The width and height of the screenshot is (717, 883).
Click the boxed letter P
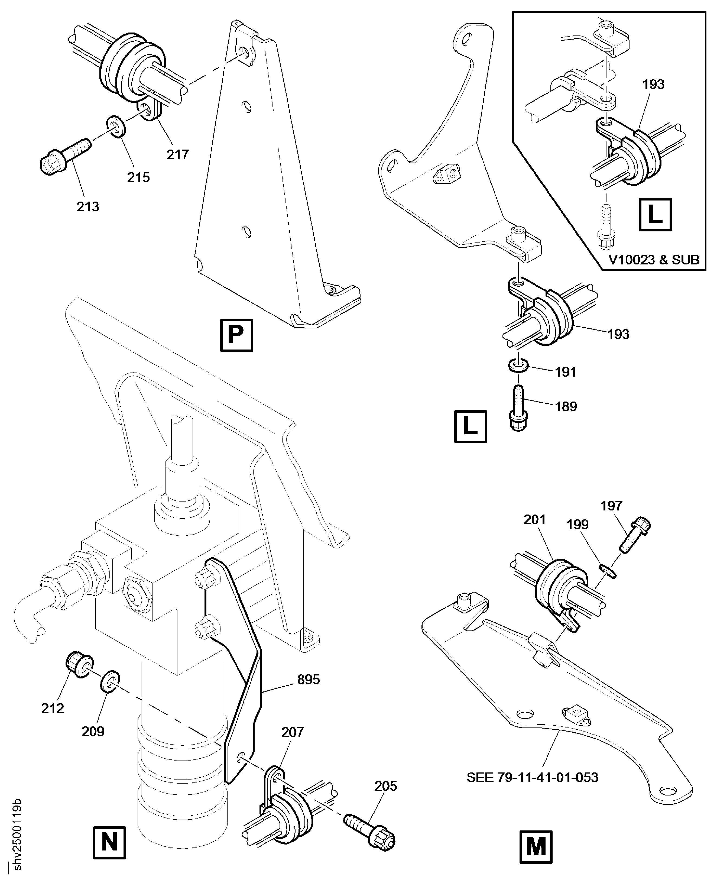point(236,335)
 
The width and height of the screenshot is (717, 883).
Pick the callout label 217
point(178,154)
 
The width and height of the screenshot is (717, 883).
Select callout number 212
point(53,708)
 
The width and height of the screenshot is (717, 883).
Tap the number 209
point(93,731)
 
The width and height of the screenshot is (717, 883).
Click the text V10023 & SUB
point(654,260)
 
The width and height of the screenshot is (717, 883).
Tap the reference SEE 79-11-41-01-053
point(532,777)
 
